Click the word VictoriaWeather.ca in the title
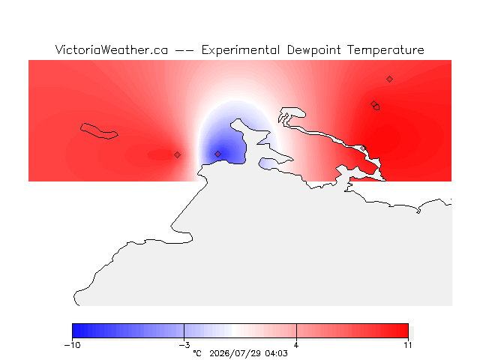112,50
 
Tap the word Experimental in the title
240,50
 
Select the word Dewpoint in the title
313,50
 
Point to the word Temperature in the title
385,50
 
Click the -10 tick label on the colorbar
73,345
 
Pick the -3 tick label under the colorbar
184,345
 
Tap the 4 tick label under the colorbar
296,345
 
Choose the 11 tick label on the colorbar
408,345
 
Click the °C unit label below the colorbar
197,353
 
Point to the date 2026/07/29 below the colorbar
235,353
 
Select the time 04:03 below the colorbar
277,353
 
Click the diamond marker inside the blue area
217,154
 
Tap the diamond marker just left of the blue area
177,155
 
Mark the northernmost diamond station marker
389,79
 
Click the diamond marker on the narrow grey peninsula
363,148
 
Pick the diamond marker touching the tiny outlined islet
373,103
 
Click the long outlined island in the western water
99,131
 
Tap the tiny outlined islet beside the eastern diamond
376,107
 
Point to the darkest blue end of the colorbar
75,331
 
